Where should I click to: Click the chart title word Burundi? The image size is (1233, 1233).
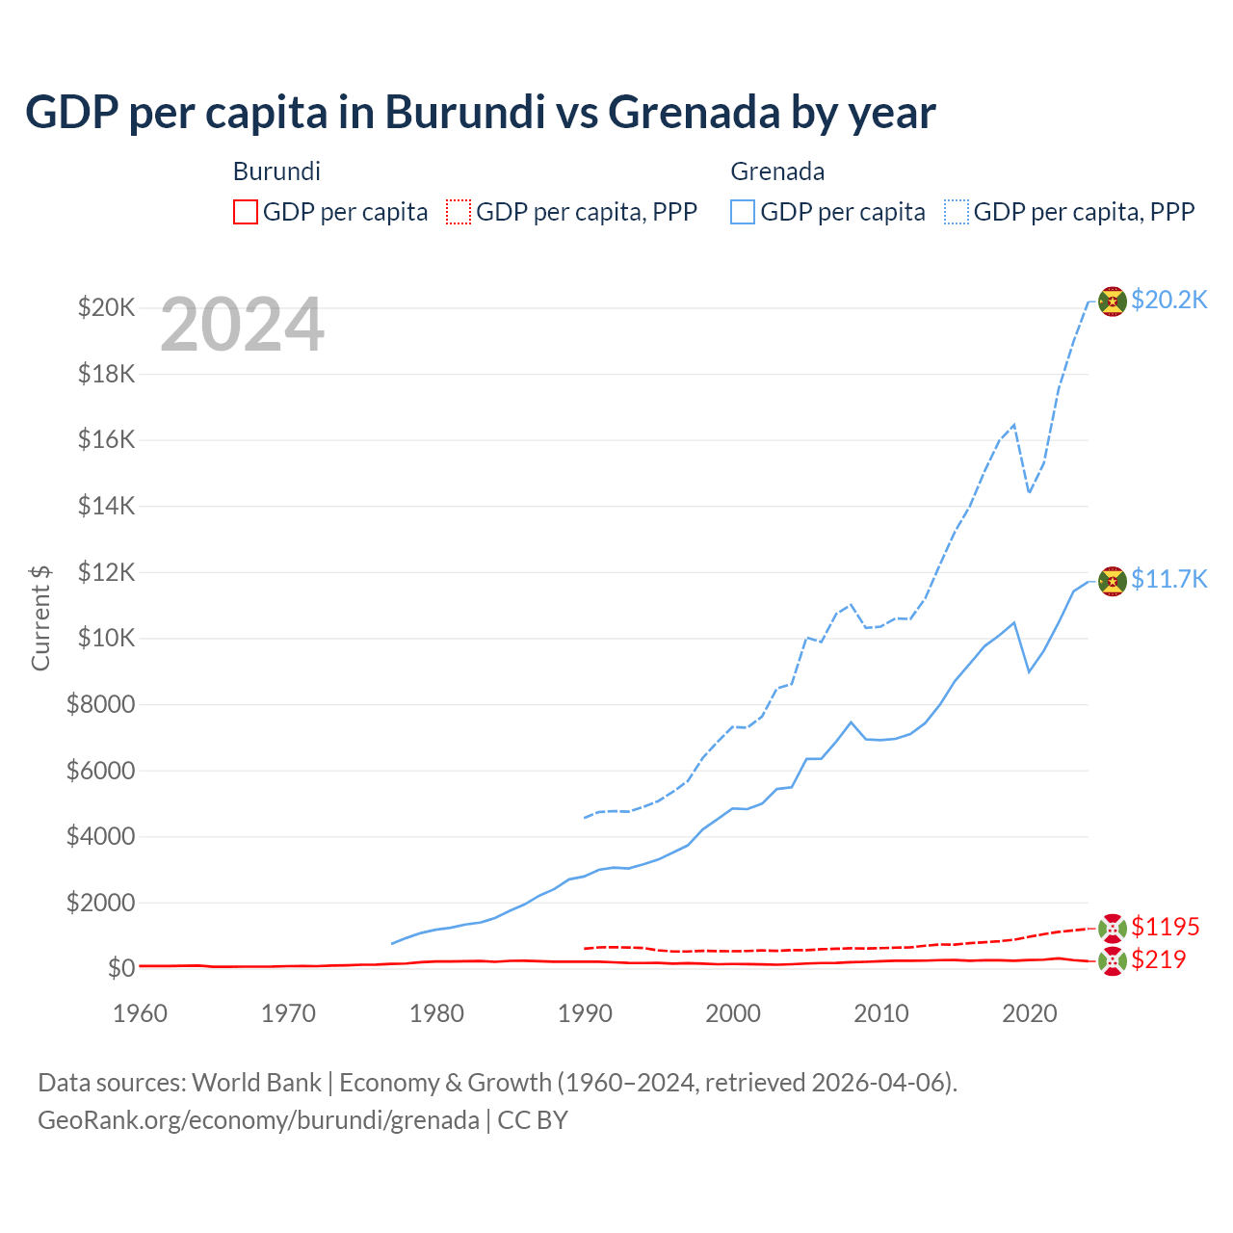tap(464, 112)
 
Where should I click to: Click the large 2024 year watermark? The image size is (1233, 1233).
tap(242, 326)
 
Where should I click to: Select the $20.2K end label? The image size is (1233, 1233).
tap(1168, 300)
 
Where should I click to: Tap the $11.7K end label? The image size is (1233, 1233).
tap(1168, 578)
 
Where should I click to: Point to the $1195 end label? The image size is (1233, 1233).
tap(1165, 927)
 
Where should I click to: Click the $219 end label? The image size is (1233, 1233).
tap(1158, 959)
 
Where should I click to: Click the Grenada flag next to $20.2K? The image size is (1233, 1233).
tap(1113, 302)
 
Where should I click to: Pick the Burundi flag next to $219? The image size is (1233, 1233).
tap(1113, 960)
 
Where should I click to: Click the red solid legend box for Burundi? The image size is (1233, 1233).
tap(246, 212)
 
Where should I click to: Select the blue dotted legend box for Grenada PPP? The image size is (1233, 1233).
tap(957, 212)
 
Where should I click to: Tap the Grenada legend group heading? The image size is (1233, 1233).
tap(777, 171)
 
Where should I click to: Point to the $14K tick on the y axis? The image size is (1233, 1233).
tap(106, 506)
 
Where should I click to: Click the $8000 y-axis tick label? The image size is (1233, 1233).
tap(100, 704)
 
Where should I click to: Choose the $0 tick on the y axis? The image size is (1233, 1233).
tap(120, 968)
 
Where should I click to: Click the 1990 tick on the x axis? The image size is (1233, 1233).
tap(585, 1013)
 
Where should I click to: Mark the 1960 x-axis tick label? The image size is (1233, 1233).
tap(141, 1013)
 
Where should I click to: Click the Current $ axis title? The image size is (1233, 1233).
tap(40, 617)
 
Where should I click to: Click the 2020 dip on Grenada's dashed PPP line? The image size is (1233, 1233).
tap(1030, 492)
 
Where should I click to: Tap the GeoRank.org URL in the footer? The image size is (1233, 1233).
tap(258, 1120)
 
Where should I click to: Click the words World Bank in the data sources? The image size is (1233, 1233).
tap(256, 1083)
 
